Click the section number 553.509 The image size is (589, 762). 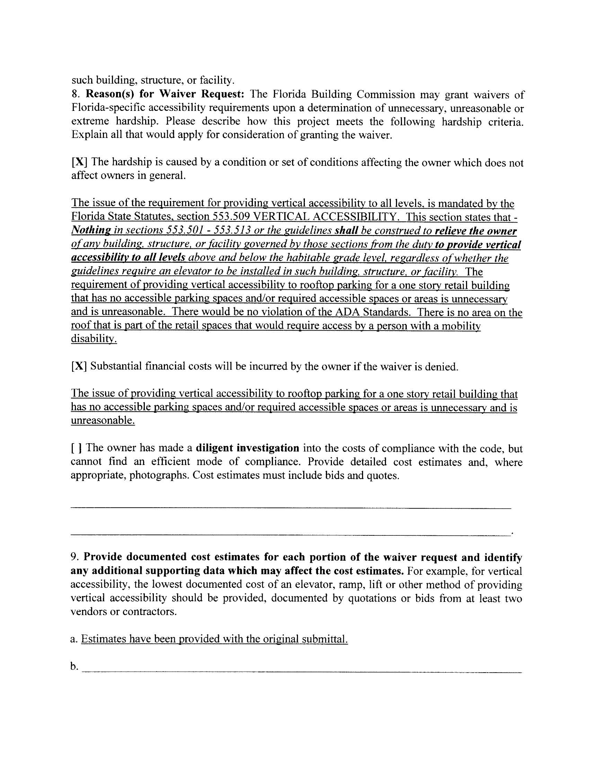click(231, 217)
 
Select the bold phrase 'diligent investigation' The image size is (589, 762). click(247, 448)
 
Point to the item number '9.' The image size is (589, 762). click(76, 557)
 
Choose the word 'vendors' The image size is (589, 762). click(89, 612)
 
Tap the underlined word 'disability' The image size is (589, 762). click(94, 339)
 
